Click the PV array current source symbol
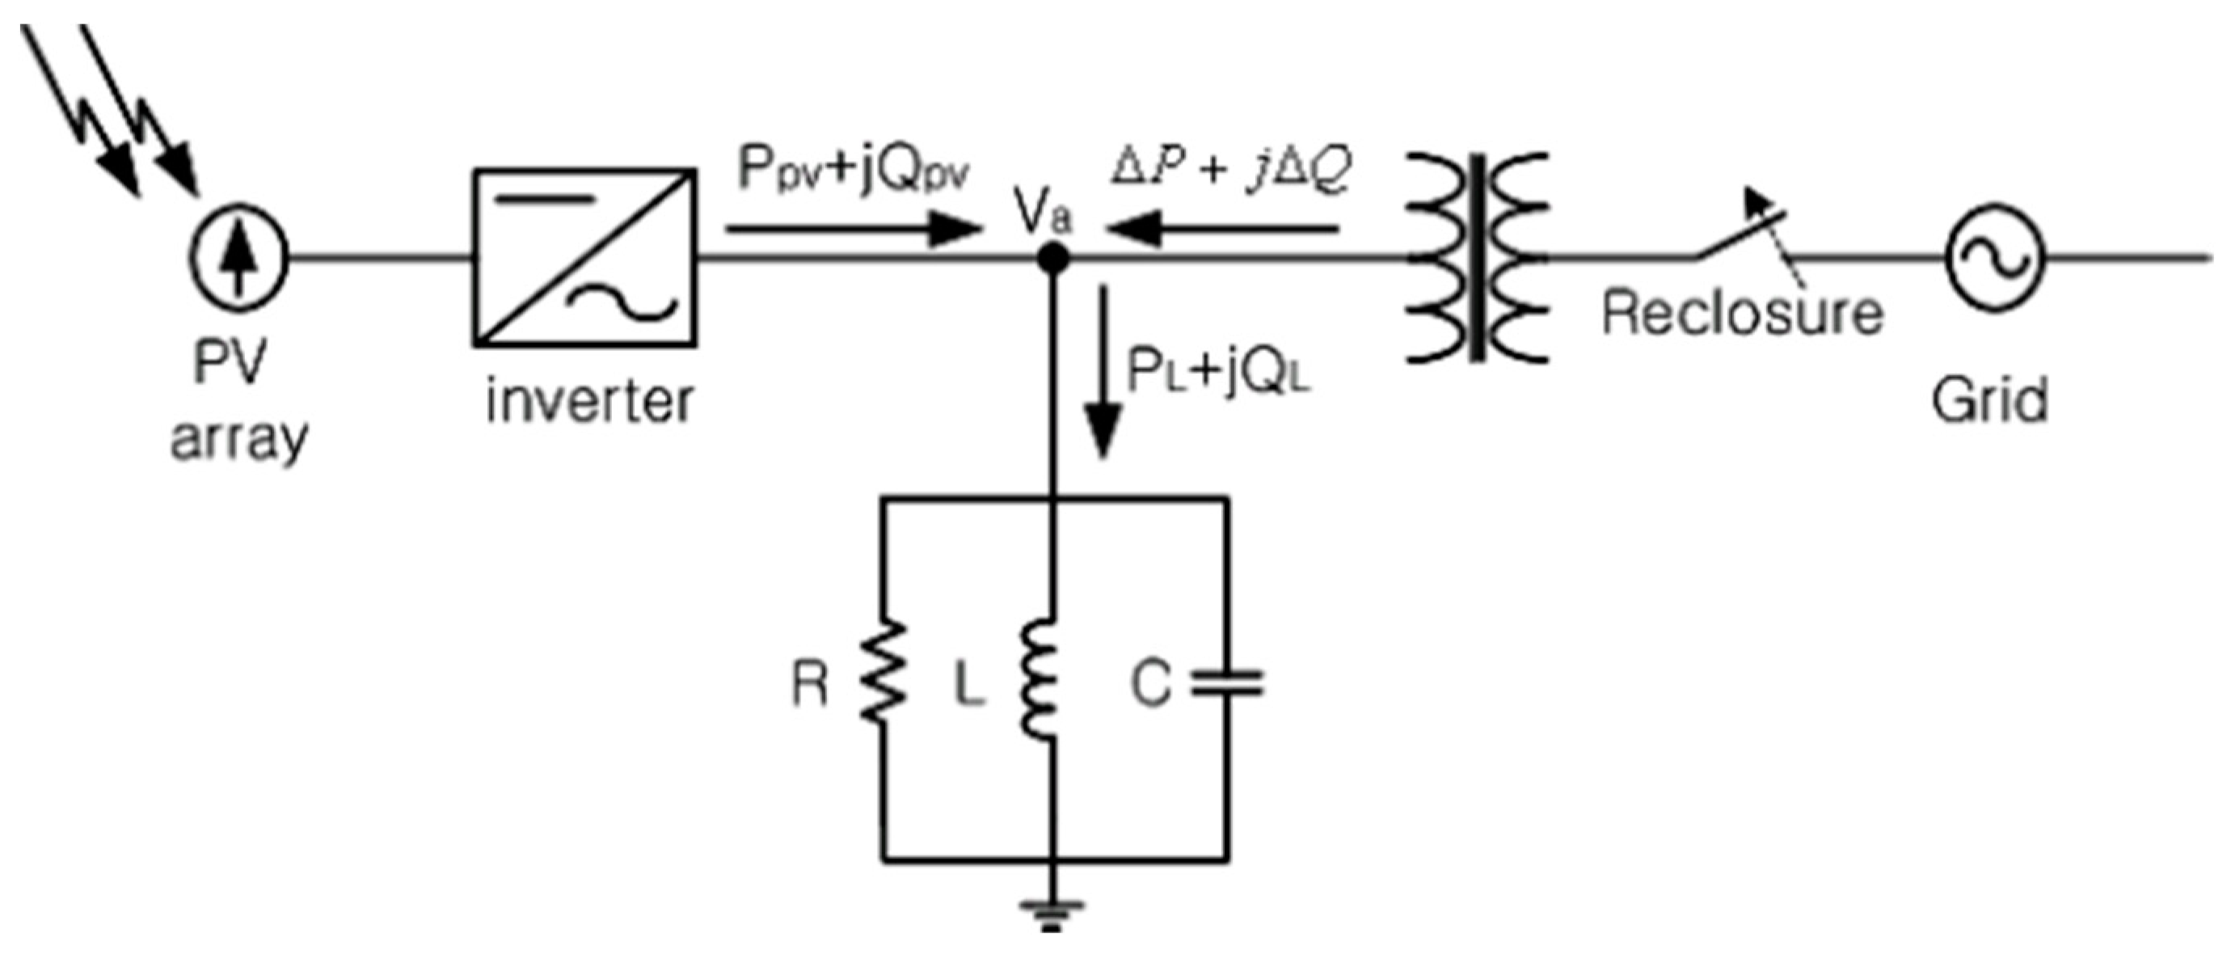point(238,256)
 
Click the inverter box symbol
point(584,257)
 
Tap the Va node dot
point(1053,257)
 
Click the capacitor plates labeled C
point(1226,684)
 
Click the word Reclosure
point(1743,313)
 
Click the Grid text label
point(1990,399)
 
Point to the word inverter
point(590,401)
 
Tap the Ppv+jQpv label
point(853,171)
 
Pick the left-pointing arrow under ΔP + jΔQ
point(1221,230)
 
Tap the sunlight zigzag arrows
point(108,108)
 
